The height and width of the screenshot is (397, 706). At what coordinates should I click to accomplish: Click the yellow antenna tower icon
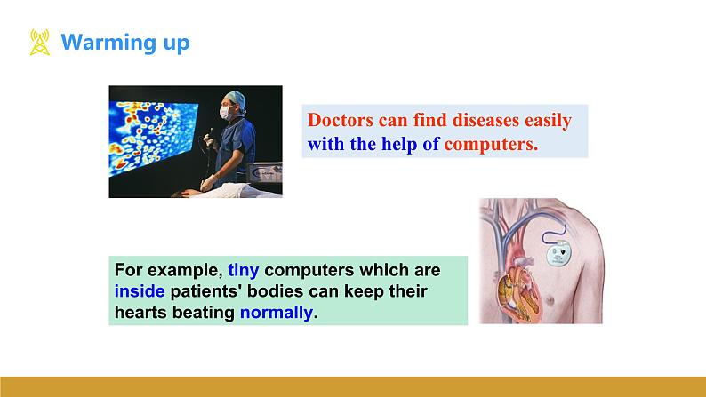coord(40,43)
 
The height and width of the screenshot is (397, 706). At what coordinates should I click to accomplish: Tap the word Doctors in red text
coord(341,120)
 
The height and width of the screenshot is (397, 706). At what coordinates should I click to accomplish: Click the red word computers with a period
coord(491,145)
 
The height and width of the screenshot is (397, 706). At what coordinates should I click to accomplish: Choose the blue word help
coord(399,144)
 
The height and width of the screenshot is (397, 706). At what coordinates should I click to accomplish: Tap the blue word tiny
coord(243,270)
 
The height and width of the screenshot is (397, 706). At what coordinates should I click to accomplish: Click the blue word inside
coord(140,291)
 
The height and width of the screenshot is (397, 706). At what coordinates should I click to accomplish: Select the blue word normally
coord(277,313)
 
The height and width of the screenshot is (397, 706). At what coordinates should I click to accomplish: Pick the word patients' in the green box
coord(206,291)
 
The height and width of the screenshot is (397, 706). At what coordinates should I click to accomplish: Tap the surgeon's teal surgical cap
coord(237,99)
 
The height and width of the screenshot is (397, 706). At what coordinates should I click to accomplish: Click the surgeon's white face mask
coord(226,114)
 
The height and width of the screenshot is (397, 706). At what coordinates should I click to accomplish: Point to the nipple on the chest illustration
coord(550,299)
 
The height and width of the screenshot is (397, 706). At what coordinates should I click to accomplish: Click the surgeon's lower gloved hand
coord(208,182)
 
